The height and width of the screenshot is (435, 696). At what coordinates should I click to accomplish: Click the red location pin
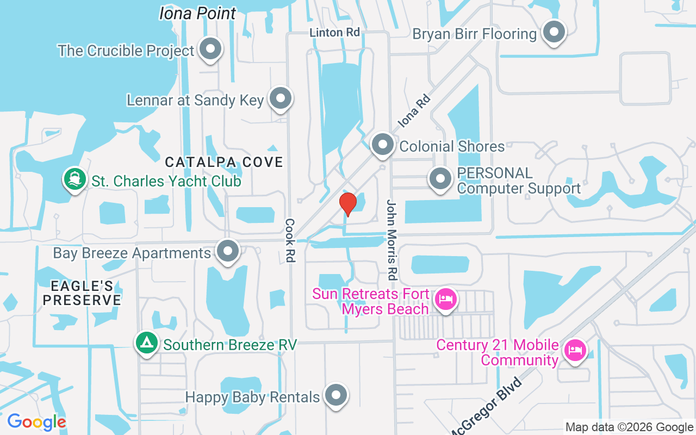(347, 204)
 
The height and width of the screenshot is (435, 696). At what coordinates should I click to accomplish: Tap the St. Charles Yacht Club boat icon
(75, 179)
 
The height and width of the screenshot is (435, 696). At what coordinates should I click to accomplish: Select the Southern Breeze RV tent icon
(146, 344)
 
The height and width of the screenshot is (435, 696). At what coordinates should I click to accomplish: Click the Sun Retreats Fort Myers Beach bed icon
(446, 299)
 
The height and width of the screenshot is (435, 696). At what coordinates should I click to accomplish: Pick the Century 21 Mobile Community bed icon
(575, 349)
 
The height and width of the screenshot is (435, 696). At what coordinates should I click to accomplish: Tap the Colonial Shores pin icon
(383, 145)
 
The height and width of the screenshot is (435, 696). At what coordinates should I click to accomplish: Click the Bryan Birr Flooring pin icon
(554, 32)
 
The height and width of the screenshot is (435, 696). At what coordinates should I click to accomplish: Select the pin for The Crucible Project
(210, 49)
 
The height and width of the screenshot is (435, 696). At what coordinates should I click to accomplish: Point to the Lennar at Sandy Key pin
(281, 98)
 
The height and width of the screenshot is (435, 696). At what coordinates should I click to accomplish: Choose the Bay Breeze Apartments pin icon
(228, 251)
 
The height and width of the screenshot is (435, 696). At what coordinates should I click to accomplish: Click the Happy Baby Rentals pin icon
(336, 395)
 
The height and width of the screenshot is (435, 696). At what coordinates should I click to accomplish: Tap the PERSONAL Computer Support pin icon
(440, 179)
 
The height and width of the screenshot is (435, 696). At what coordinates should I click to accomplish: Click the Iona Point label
(198, 13)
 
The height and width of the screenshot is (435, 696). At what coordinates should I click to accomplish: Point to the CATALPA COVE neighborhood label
(224, 161)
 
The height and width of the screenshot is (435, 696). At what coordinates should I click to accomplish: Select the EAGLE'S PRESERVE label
(82, 293)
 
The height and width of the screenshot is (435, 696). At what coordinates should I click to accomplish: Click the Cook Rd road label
(290, 240)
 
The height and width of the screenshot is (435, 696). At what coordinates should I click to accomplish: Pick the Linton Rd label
(335, 33)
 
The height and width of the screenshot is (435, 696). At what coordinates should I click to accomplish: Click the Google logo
(36, 422)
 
